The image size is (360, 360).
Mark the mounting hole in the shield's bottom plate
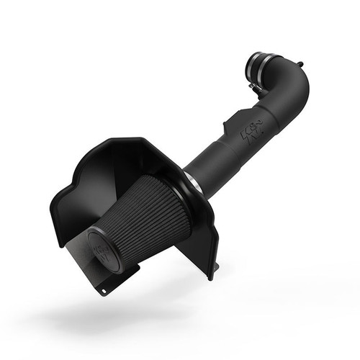(x=106, y=292)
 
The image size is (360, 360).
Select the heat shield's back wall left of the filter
(x=79, y=194)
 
